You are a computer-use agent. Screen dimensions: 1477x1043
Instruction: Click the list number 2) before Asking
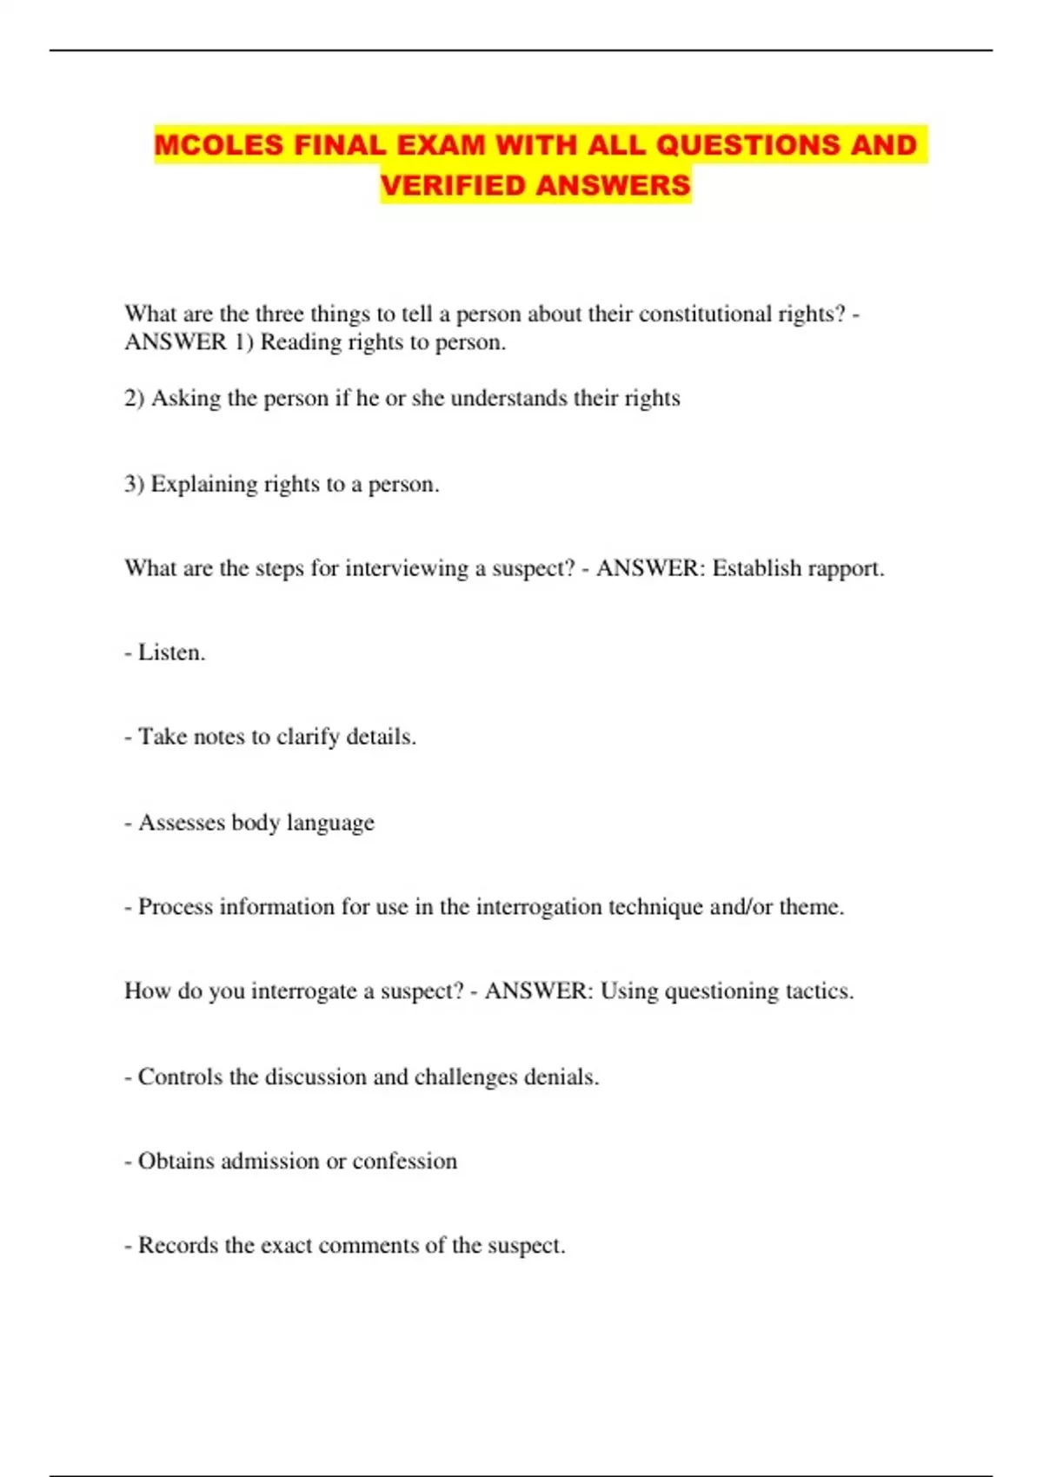tap(134, 398)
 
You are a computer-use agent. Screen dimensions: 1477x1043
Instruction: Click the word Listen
tap(171, 652)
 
